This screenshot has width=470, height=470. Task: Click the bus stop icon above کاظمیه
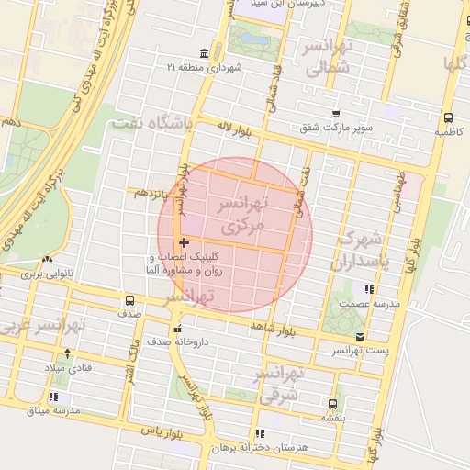pyautogui.click(x=448, y=117)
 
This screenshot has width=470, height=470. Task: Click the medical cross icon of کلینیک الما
pyautogui.click(x=185, y=242)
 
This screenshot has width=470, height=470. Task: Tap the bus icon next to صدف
pyautogui.click(x=129, y=299)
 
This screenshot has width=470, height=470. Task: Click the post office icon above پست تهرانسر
pyautogui.click(x=360, y=336)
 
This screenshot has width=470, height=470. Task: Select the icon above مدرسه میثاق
pyautogui.click(x=53, y=397)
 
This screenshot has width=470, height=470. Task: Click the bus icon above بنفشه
pyautogui.click(x=332, y=402)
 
